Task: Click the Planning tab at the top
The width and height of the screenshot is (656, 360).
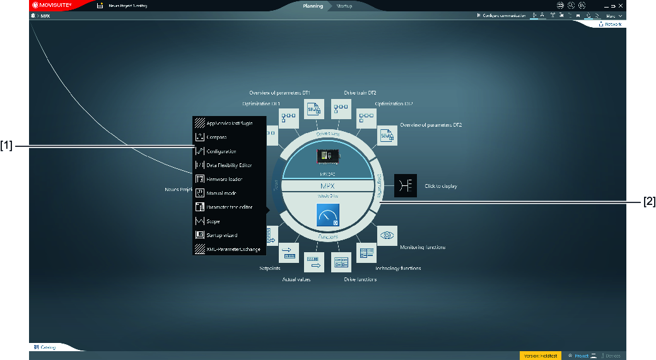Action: (x=313, y=6)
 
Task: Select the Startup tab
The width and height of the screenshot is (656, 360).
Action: (x=344, y=6)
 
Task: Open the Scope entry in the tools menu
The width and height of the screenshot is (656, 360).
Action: (x=213, y=221)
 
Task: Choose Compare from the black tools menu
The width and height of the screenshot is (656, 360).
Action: (x=216, y=137)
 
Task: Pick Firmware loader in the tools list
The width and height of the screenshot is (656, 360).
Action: (x=224, y=179)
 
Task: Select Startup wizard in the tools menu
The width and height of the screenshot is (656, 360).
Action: (x=221, y=235)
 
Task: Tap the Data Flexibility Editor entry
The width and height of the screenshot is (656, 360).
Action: (x=228, y=165)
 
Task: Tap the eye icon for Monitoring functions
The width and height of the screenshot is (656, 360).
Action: (x=387, y=235)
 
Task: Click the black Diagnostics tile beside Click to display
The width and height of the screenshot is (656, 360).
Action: (x=406, y=186)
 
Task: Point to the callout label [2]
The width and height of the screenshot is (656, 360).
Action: (x=648, y=202)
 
